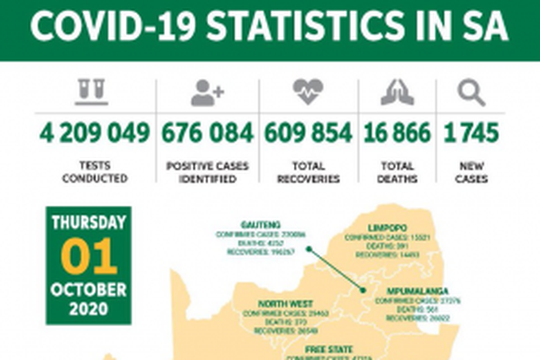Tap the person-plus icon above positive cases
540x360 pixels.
coord(207,93)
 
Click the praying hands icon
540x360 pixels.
coord(397,93)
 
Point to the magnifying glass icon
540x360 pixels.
coord(471,93)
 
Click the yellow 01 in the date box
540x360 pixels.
coord(89,257)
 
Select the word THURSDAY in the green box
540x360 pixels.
coord(89,224)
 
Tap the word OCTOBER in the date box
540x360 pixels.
coord(89,290)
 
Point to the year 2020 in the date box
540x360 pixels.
coord(89,310)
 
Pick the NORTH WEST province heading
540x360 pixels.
coord(285,303)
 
